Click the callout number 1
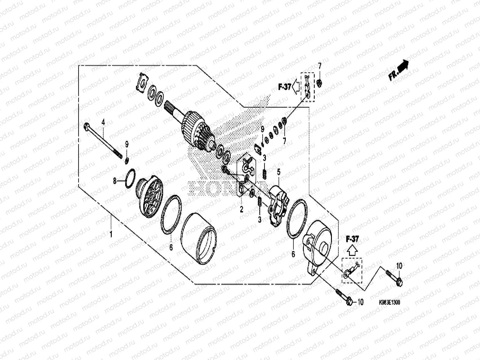111,235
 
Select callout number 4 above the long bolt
103,122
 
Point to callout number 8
115,181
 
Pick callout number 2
242,209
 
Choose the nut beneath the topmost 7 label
319,82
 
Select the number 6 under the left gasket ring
171,247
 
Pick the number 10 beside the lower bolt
360,302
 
